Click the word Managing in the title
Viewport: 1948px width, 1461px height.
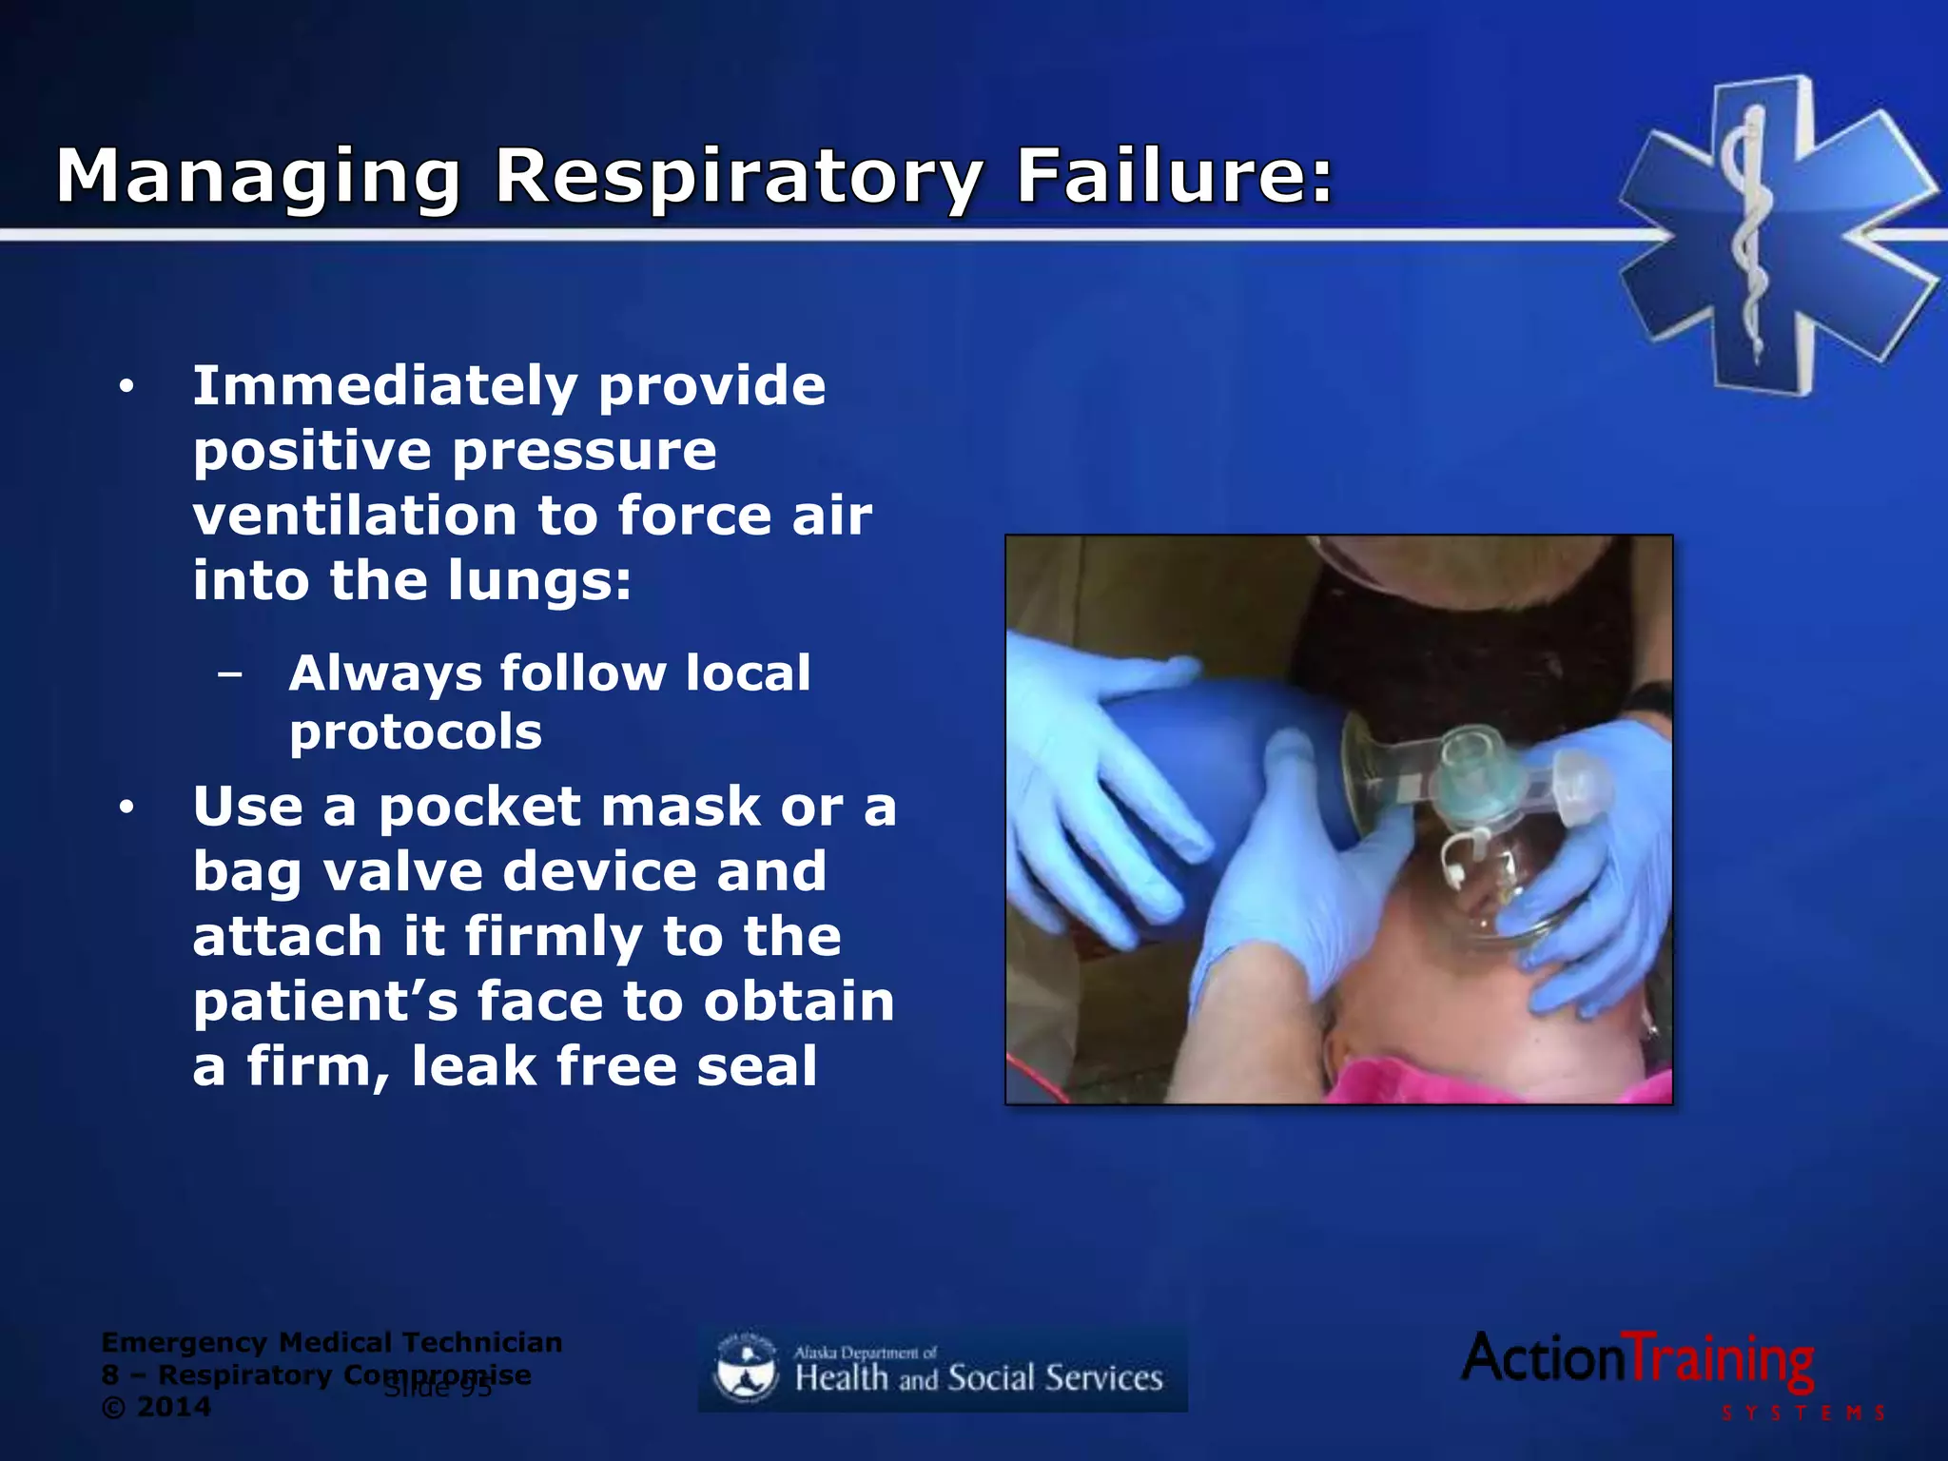pyautogui.click(x=260, y=177)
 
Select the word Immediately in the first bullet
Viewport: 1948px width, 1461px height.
pyautogui.click(x=385, y=385)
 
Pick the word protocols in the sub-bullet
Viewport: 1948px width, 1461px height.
pyautogui.click(x=416, y=732)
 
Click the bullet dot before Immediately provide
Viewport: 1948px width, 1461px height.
pyautogui.click(x=127, y=387)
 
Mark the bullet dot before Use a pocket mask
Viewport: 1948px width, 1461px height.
pyautogui.click(x=127, y=808)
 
